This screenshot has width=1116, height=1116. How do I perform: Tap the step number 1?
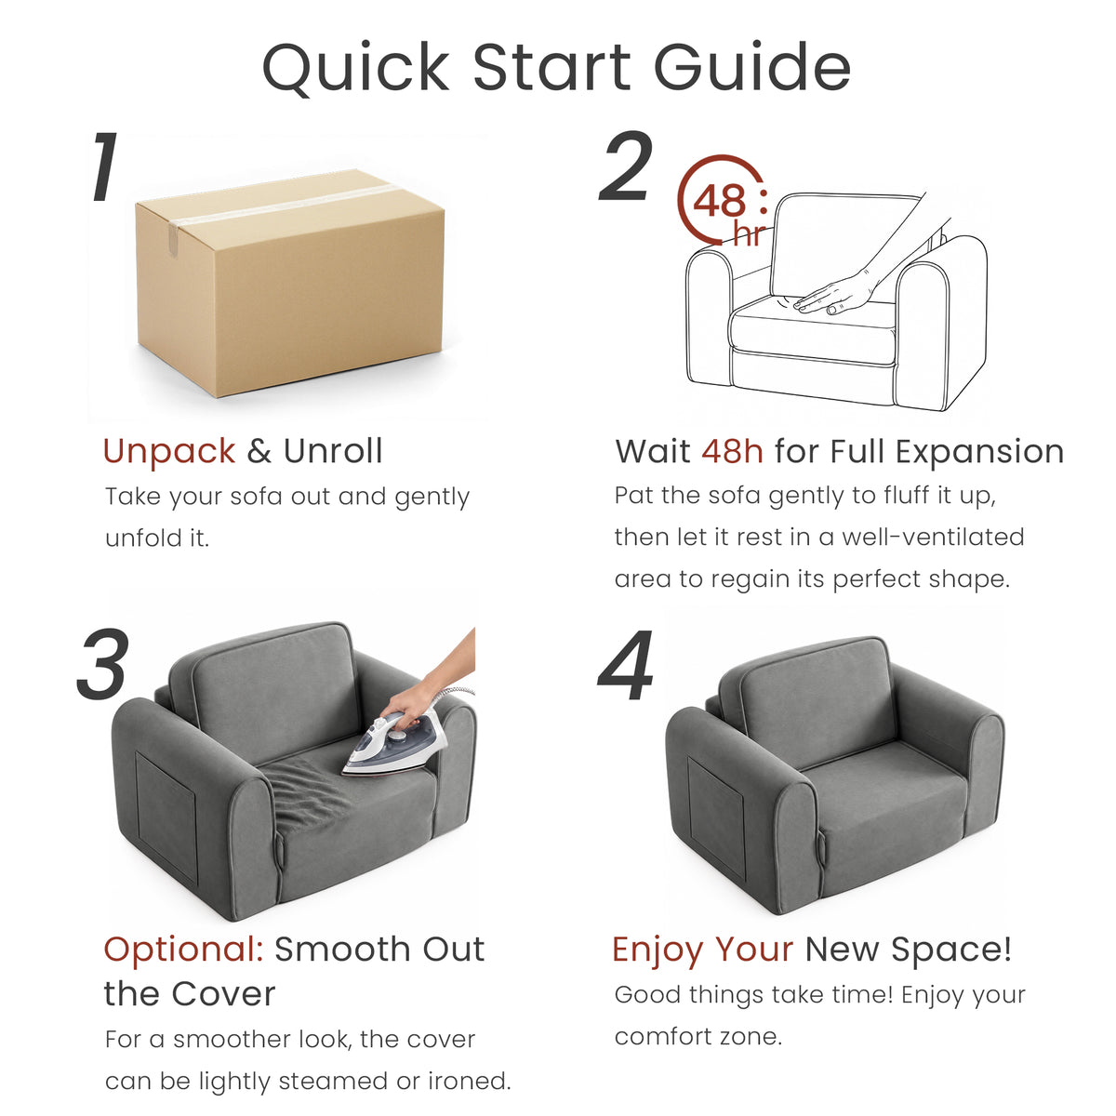106,166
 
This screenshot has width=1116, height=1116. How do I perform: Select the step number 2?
626,166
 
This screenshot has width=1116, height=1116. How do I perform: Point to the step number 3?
102,664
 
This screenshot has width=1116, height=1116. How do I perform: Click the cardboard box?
289,283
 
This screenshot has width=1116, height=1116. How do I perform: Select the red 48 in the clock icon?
719,201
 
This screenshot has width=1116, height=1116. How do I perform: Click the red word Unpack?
169,451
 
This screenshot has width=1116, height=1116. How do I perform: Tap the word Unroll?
333,450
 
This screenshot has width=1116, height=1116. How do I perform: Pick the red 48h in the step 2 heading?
732,451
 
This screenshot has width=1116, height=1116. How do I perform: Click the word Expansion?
980,452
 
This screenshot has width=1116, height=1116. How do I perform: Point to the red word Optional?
183,950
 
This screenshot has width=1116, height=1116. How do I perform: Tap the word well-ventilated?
933,537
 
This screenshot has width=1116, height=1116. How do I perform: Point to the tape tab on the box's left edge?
174,239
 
